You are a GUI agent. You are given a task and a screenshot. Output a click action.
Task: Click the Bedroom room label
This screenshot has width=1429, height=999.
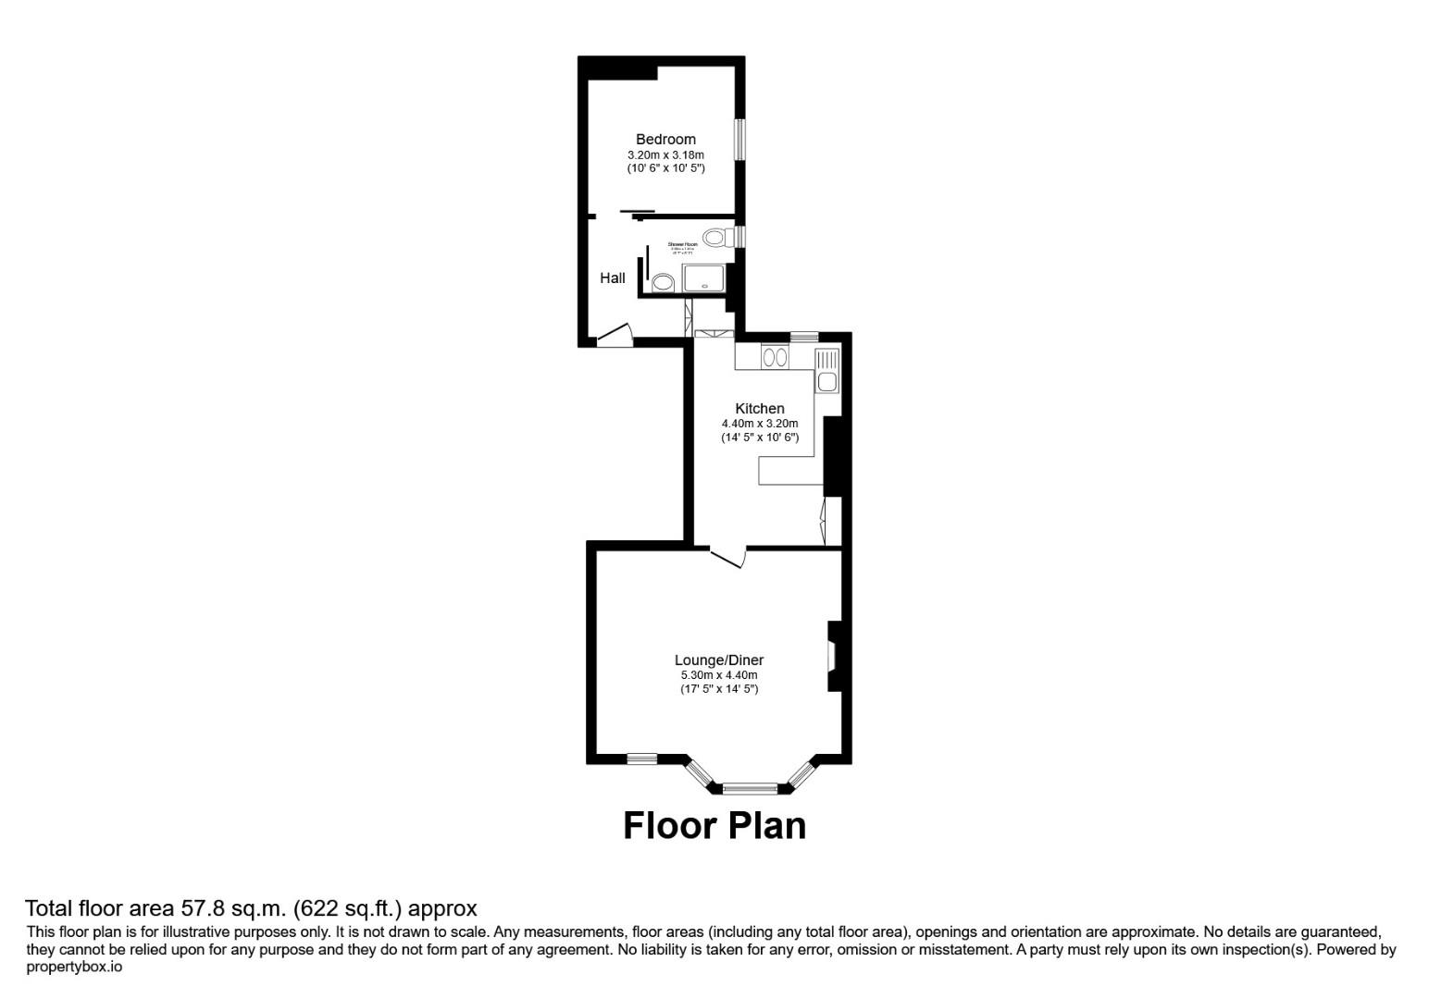(x=665, y=140)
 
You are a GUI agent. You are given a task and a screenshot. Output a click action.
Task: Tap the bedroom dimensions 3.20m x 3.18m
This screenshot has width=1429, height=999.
(x=665, y=155)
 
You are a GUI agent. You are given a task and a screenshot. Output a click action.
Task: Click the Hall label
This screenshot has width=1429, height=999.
(x=612, y=277)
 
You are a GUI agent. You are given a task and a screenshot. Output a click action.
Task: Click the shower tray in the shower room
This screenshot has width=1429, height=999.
(x=705, y=277)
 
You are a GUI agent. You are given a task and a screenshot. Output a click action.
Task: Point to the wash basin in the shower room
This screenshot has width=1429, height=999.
(x=663, y=282)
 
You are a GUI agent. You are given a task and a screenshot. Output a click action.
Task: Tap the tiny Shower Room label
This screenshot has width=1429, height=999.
(x=682, y=244)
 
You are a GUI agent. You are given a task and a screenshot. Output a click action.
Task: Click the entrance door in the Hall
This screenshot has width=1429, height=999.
(x=614, y=336)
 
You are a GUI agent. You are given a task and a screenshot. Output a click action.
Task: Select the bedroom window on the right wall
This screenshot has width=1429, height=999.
(x=740, y=140)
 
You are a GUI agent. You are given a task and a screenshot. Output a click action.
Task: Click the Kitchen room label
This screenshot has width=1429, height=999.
(x=759, y=409)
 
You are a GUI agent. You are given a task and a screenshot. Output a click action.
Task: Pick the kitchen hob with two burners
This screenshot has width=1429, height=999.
(x=775, y=356)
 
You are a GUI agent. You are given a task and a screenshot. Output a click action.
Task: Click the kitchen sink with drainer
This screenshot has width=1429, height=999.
(x=826, y=371)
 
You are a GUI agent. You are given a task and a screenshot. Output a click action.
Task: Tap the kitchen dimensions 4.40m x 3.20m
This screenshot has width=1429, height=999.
(x=759, y=424)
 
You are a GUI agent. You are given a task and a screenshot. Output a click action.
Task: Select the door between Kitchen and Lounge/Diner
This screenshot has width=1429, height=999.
(x=727, y=558)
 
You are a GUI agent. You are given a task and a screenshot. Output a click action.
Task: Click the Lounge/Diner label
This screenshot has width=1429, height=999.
(x=718, y=660)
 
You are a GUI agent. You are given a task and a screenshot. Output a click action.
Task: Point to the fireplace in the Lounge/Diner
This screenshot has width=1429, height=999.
(x=832, y=656)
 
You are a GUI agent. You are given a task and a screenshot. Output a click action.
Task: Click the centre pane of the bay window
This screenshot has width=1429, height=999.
(x=750, y=789)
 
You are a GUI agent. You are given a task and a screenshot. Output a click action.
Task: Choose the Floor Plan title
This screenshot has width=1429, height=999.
(x=714, y=825)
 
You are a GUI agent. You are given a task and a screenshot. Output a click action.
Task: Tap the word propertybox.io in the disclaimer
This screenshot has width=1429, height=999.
(x=74, y=968)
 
